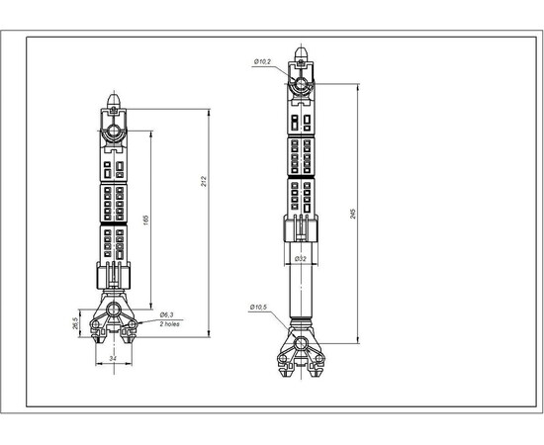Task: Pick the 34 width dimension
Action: (x=114, y=358)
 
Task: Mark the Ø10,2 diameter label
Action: (x=262, y=61)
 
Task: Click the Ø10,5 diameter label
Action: (x=259, y=306)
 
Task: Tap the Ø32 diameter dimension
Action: (x=300, y=258)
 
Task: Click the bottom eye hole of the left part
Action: (x=115, y=310)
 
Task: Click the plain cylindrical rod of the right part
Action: (x=300, y=292)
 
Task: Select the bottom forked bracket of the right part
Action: (x=300, y=356)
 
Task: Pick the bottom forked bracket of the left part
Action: (x=115, y=321)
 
